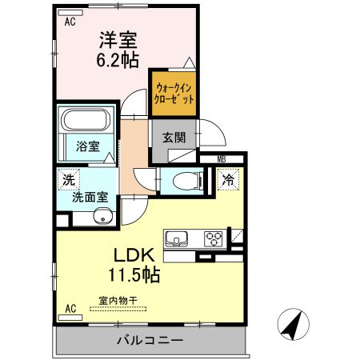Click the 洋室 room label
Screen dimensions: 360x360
pos(119,39)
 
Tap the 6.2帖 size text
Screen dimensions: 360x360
pos(119,59)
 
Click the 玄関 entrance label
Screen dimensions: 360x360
pos(174,137)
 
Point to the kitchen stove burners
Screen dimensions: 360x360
pos(214,238)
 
